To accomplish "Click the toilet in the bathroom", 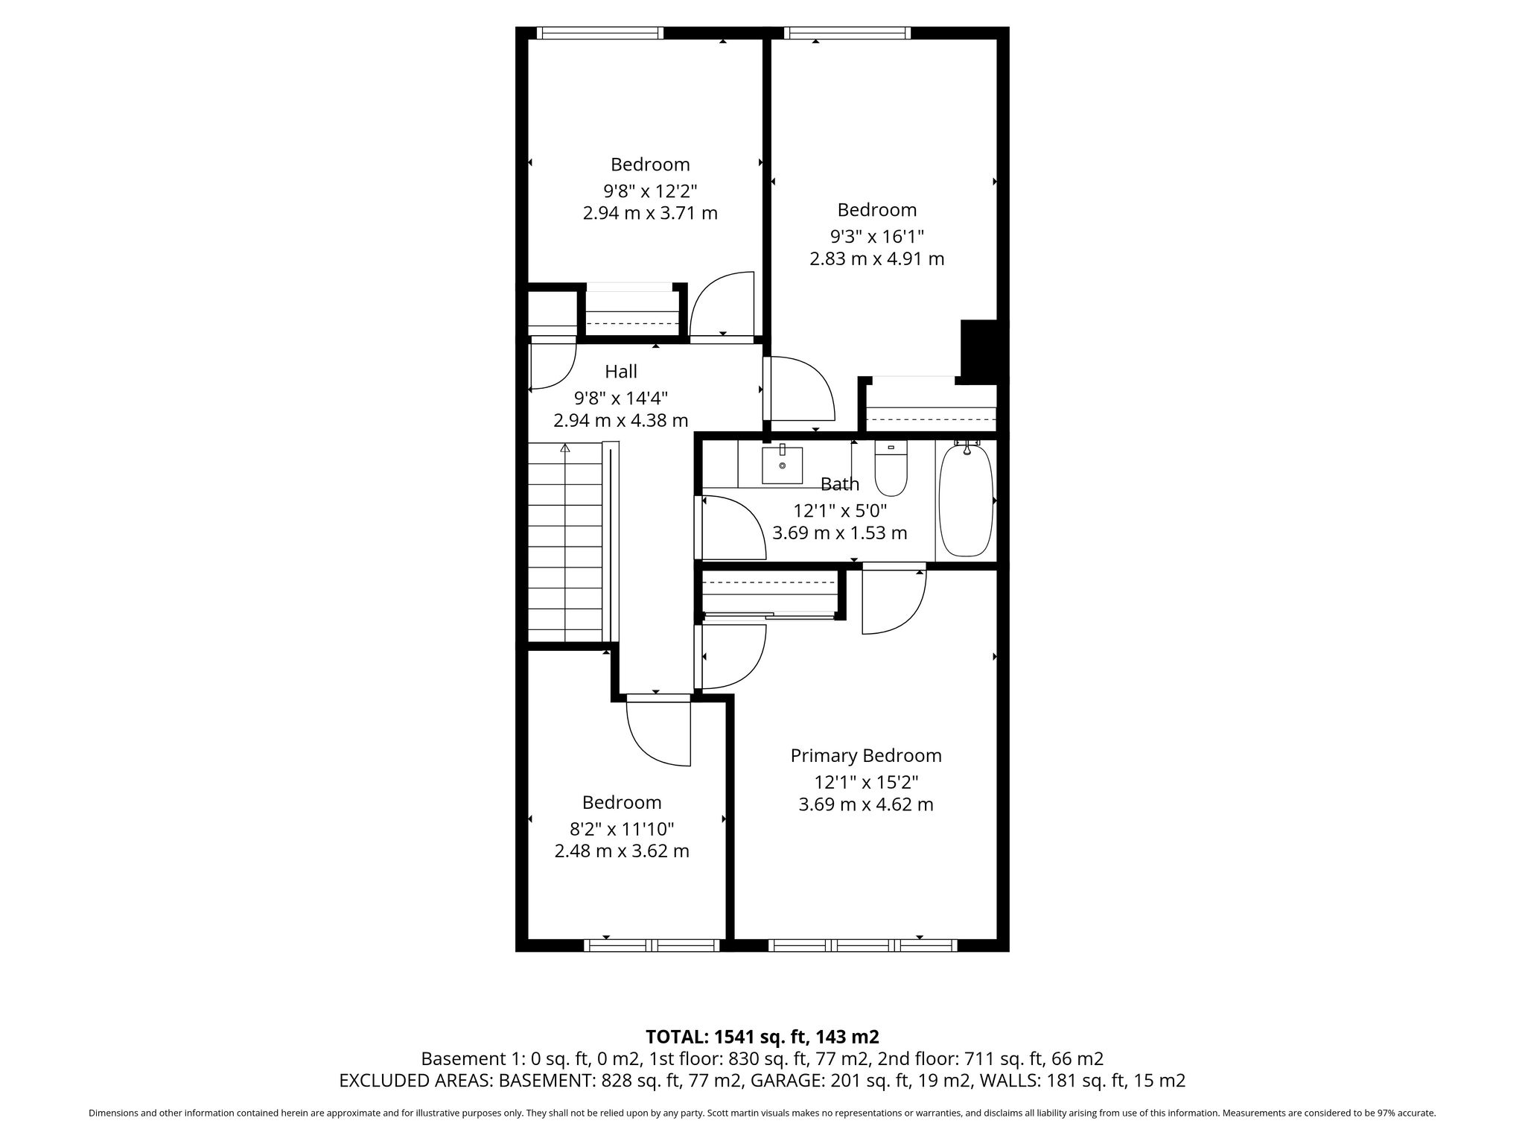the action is point(891,468).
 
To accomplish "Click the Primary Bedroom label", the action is point(866,756).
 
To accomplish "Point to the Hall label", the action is point(621,371).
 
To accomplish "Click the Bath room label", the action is point(840,484).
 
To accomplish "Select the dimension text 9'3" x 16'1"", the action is point(877,237).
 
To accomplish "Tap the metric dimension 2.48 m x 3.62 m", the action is point(622,851).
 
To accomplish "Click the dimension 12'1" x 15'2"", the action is point(866,783).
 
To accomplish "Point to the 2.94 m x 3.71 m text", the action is point(650,213).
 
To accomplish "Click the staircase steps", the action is point(565,541).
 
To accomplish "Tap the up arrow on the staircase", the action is point(565,448).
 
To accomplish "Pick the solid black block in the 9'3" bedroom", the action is point(980,350).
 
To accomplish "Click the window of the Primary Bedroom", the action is point(862,946).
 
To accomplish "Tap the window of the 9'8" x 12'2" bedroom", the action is point(599,33).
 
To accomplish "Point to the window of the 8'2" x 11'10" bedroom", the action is point(652,946).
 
